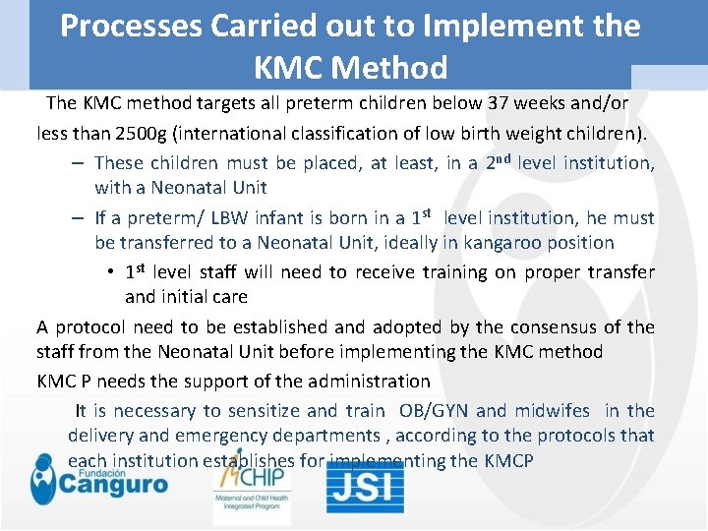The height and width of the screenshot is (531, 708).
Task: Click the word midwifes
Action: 551,411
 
